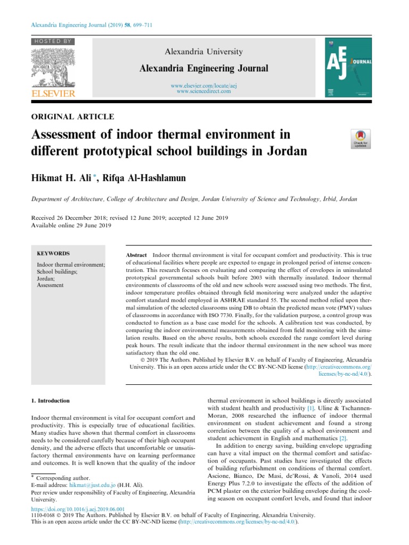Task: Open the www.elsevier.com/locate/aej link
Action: coord(203,86)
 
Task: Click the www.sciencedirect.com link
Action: coord(203,92)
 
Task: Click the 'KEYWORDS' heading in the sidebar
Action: coord(53,254)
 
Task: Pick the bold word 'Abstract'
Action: coord(136,256)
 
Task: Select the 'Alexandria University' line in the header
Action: coord(204,52)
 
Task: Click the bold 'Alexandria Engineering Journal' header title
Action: coord(204,68)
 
